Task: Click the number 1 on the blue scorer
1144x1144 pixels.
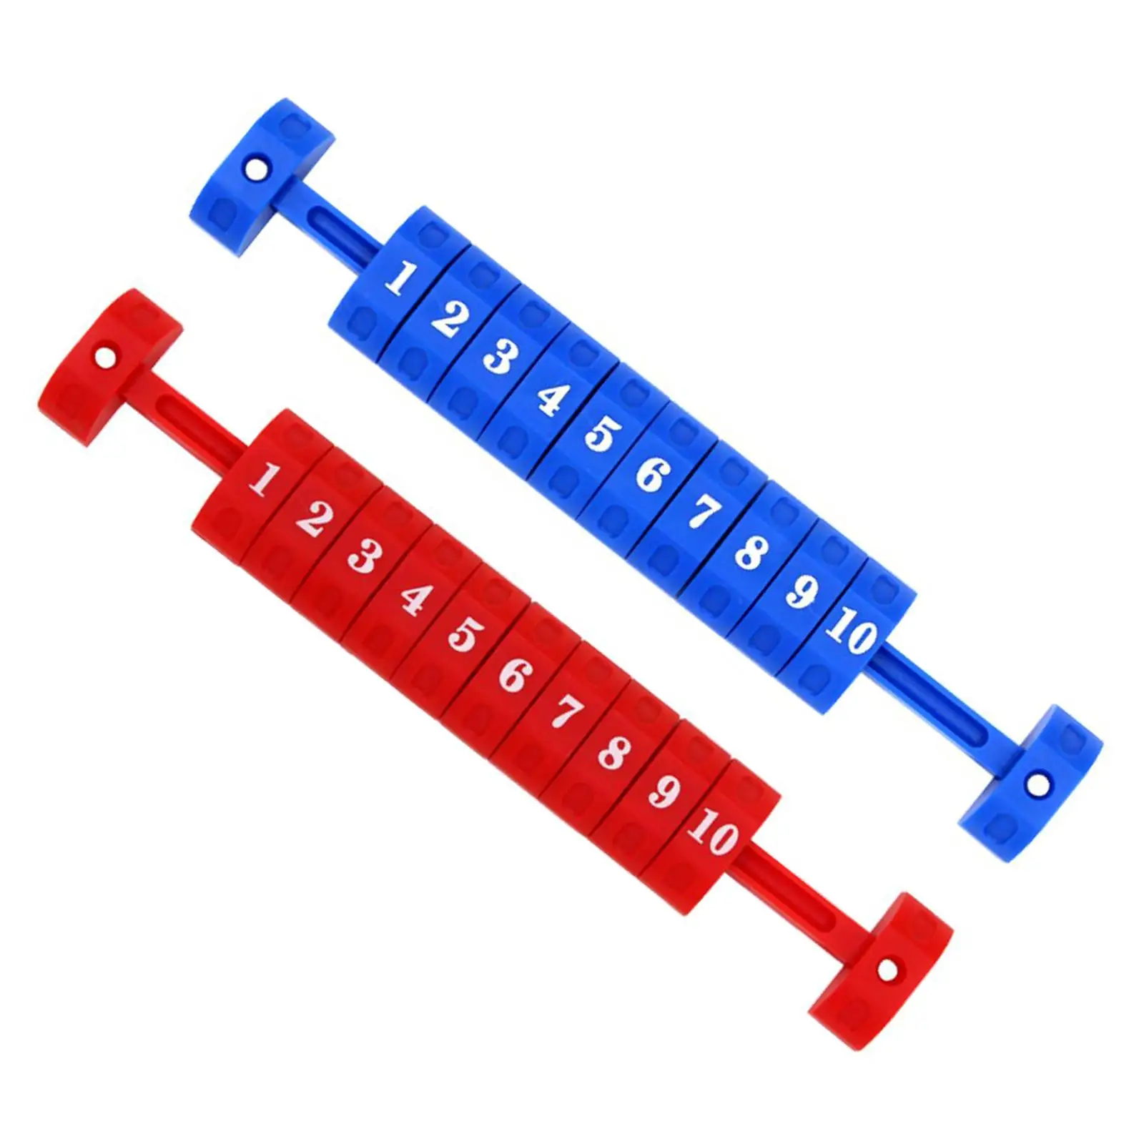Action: (x=400, y=278)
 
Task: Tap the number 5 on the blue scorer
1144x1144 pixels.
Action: (x=602, y=433)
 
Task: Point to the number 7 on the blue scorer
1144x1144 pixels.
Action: (x=704, y=512)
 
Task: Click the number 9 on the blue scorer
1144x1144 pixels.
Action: (x=802, y=591)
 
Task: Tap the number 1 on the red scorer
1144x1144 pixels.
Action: (x=263, y=478)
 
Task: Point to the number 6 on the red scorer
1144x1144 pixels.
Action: (x=515, y=675)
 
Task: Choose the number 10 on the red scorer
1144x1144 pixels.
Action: (x=713, y=832)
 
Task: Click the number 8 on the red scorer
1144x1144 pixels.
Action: (x=613, y=752)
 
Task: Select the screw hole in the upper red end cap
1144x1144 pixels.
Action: (x=105, y=355)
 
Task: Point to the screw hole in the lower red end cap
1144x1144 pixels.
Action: (x=887, y=971)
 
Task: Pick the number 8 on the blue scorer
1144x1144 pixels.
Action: (x=751, y=552)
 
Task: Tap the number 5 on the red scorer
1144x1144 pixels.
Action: (x=465, y=634)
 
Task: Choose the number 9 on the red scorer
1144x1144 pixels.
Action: (x=664, y=791)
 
